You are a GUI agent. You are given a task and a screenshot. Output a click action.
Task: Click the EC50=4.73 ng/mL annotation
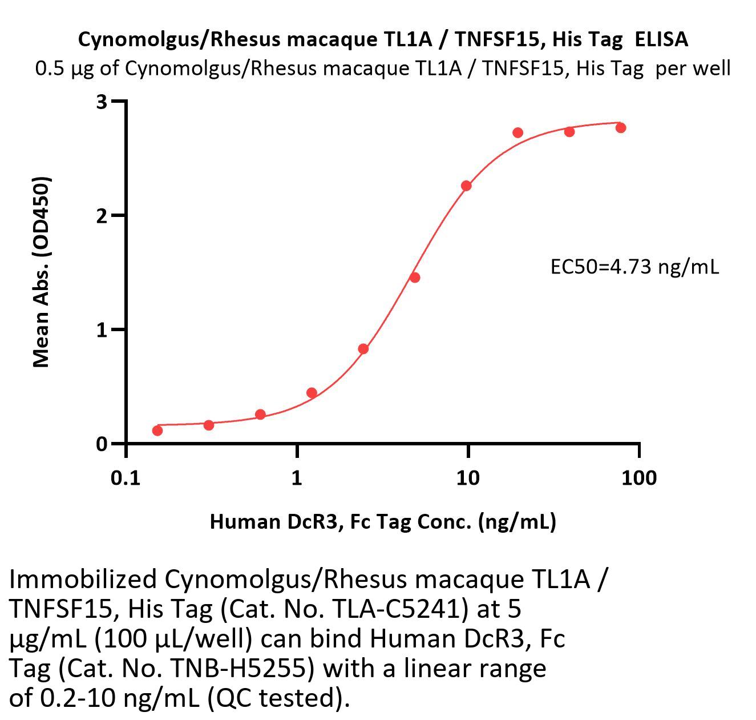pos(634,267)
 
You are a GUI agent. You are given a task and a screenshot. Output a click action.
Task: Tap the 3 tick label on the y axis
pos(102,102)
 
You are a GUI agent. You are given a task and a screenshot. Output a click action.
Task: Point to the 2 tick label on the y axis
pos(102,216)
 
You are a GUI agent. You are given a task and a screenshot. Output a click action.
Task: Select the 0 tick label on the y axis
pos(102,444)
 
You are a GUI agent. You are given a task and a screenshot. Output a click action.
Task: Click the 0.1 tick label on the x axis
pos(126,478)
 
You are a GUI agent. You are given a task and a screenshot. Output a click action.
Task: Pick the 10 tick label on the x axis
pos(468,478)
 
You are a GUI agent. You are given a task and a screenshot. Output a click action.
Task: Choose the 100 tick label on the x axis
pos(638,478)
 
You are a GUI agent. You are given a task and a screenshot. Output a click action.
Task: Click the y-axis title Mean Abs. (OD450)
pos(41,272)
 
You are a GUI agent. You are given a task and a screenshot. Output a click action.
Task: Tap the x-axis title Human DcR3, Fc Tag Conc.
pos(382,521)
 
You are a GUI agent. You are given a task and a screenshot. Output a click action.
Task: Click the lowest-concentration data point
pos(157,430)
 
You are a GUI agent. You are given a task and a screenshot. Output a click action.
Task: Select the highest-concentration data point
pos(621,127)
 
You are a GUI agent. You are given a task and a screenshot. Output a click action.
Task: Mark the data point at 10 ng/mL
pos(466,186)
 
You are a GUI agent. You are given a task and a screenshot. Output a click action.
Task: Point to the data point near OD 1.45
pos(415,277)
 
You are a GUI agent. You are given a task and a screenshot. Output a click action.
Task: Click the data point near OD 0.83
pos(363,349)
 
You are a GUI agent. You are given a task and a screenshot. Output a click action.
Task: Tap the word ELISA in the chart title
pos(661,39)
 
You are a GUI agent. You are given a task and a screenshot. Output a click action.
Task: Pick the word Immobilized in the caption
pos(83,580)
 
